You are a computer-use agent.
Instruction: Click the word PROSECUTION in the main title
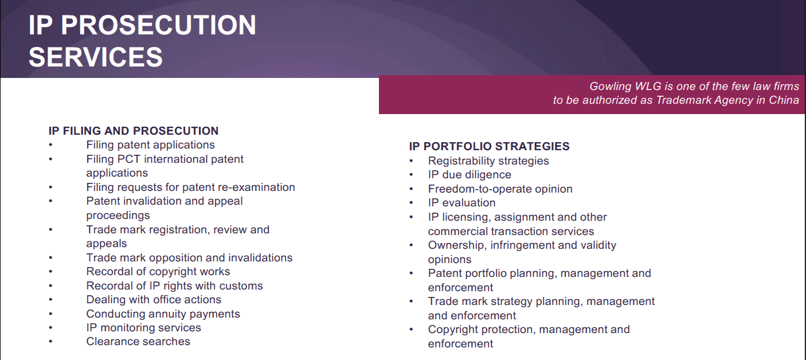tap(158, 25)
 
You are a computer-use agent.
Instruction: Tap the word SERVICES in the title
tap(96, 57)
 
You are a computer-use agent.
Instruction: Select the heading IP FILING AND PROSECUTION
tap(134, 131)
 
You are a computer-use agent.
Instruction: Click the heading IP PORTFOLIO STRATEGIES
tap(490, 146)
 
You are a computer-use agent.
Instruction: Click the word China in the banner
tap(784, 100)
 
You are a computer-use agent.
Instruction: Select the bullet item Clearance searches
tap(138, 341)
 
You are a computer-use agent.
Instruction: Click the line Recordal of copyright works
tap(158, 272)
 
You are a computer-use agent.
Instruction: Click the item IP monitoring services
tap(143, 328)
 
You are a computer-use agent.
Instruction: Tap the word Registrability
tap(464, 161)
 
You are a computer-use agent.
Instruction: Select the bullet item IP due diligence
tap(469, 175)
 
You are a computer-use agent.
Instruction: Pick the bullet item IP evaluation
tap(461, 203)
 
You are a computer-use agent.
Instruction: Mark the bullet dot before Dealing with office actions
tap(51, 300)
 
